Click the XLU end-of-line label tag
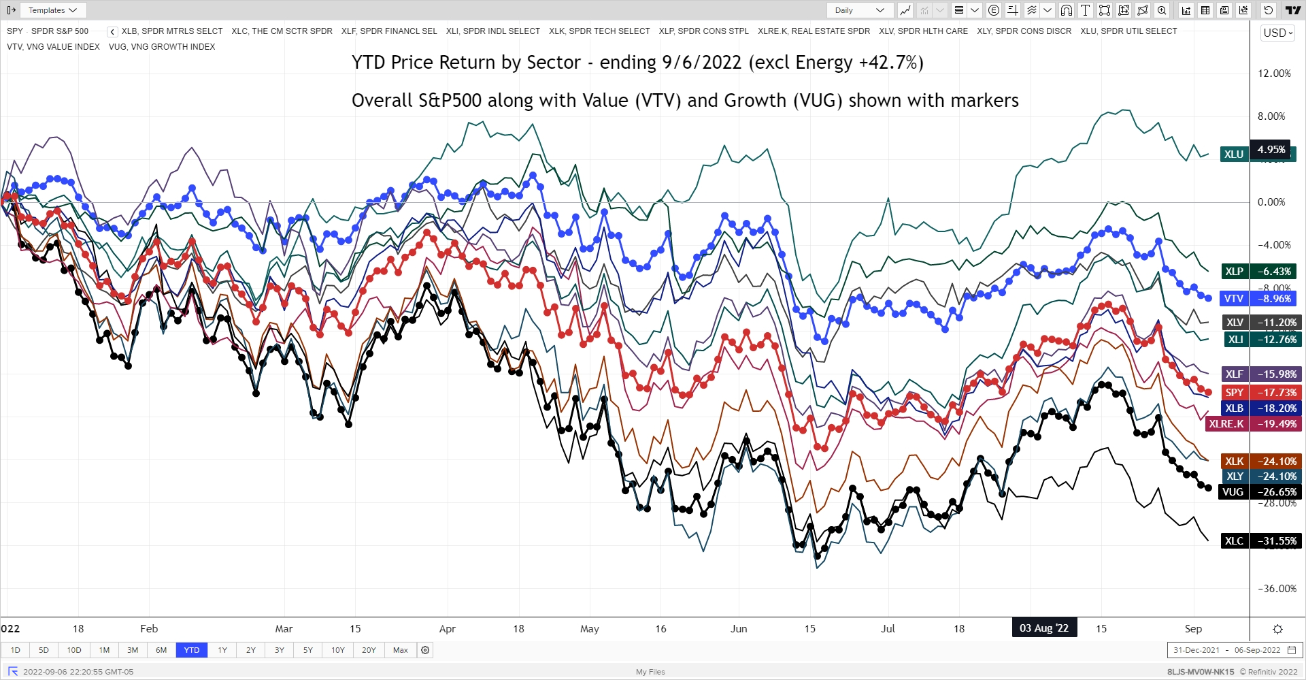pyautogui.click(x=1234, y=154)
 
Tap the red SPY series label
pyautogui.click(x=1234, y=392)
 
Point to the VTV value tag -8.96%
pyautogui.click(x=1274, y=298)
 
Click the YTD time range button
pyautogui.click(x=192, y=650)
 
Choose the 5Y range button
pyautogui.click(x=307, y=650)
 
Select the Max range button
pyautogui.click(x=400, y=650)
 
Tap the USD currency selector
pyautogui.click(x=1277, y=33)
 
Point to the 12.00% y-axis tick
pyautogui.click(x=1274, y=74)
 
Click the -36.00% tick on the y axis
pyautogui.click(x=1277, y=589)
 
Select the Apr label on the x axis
pyautogui.click(x=447, y=628)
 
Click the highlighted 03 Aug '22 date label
pyautogui.click(x=1043, y=628)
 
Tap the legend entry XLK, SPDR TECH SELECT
pyautogui.click(x=599, y=31)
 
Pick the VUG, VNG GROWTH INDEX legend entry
pyautogui.click(x=162, y=47)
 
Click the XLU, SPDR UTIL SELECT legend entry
pyautogui.click(x=1128, y=31)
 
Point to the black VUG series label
pyautogui.click(x=1233, y=491)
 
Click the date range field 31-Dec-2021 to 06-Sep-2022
pyautogui.click(x=1234, y=650)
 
